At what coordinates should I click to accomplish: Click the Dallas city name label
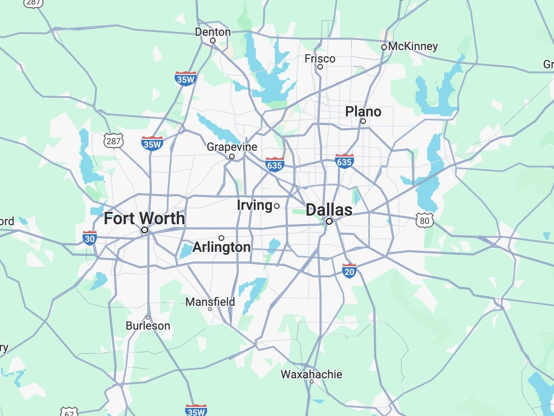pyautogui.click(x=329, y=209)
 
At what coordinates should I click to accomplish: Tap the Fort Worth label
pyautogui.click(x=145, y=218)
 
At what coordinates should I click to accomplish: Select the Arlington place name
pyautogui.click(x=221, y=247)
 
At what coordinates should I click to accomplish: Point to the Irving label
pyautogui.click(x=254, y=205)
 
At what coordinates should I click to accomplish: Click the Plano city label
pyautogui.click(x=363, y=112)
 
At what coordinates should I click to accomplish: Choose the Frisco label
pyautogui.click(x=320, y=59)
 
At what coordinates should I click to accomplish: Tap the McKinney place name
pyautogui.click(x=413, y=46)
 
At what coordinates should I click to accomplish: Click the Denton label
pyautogui.click(x=213, y=32)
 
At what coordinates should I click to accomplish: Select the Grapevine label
pyautogui.click(x=232, y=147)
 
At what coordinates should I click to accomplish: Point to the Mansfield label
pyautogui.click(x=210, y=302)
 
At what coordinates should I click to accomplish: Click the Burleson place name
pyautogui.click(x=148, y=326)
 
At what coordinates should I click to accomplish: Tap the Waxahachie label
pyautogui.click(x=311, y=374)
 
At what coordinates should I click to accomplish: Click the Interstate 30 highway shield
pyautogui.click(x=90, y=237)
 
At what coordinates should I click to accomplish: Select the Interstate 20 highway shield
pyautogui.click(x=349, y=270)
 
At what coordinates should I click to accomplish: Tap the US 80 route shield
pyautogui.click(x=425, y=220)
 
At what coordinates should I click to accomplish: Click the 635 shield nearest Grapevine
pyautogui.click(x=275, y=164)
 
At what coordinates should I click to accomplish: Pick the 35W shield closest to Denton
pyautogui.click(x=186, y=78)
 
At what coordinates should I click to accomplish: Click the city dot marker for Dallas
pyautogui.click(x=329, y=221)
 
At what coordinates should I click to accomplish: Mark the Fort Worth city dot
pyautogui.click(x=145, y=230)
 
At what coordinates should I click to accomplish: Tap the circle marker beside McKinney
pyautogui.click(x=384, y=47)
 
